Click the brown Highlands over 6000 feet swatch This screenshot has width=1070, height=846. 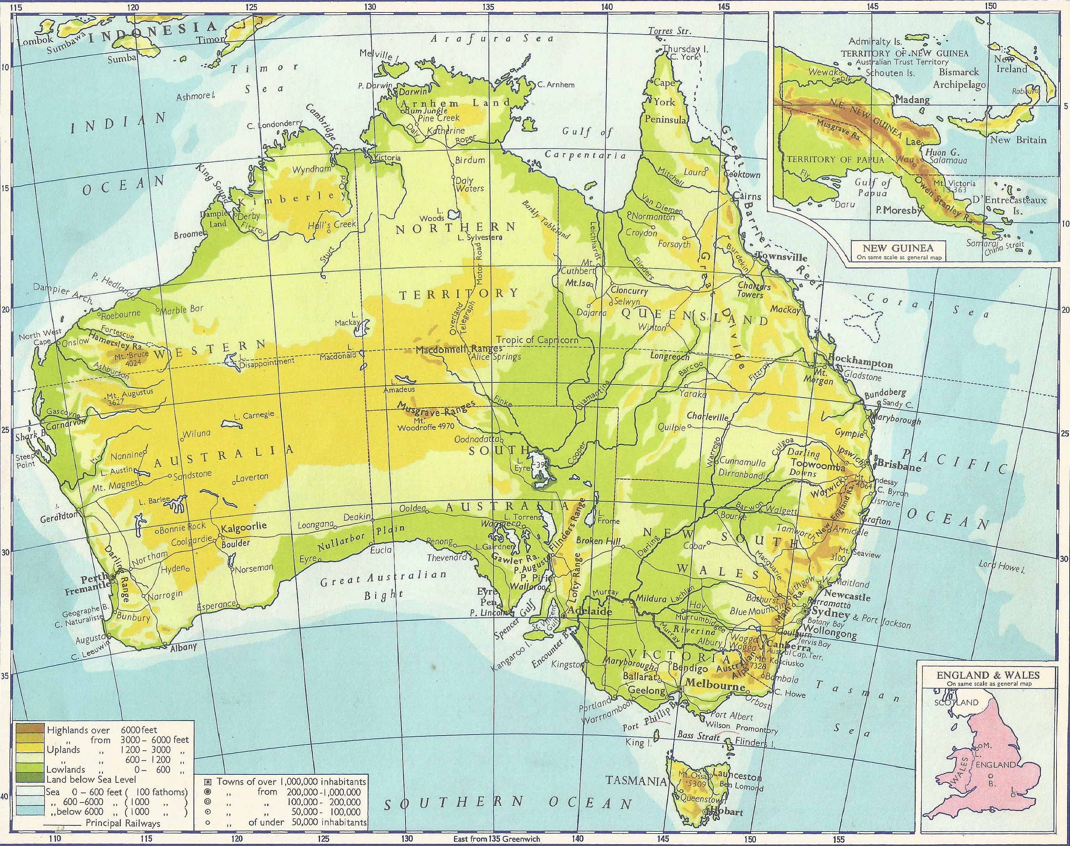(x=30, y=729)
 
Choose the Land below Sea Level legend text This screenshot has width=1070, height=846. (x=91, y=779)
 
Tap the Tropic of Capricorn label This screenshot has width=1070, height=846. (x=537, y=340)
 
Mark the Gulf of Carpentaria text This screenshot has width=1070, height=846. (x=586, y=144)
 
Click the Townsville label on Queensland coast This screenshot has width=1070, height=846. (x=781, y=258)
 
